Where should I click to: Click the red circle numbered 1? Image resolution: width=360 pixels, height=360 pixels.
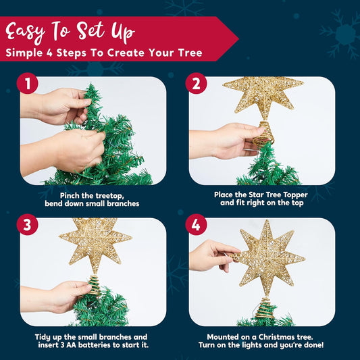pyautogui.click(x=28, y=83)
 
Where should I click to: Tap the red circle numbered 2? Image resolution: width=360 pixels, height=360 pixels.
pyautogui.click(x=196, y=83)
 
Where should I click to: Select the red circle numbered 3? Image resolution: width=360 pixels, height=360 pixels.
pyautogui.click(x=28, y=224)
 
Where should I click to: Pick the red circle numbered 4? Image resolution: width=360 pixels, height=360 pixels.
pyautogui.click(x=196, y=224)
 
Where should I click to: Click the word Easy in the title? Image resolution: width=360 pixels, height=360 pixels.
pyautogui.click(x=25, y=32)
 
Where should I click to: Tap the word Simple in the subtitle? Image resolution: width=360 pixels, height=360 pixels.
pyautogui.click(x=24, y=53)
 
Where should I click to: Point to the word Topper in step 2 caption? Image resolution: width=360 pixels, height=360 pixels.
pyautogui.click(x=295, y=195)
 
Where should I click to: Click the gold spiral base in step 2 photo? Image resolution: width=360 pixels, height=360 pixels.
pyautogui.click(x=263, y=133)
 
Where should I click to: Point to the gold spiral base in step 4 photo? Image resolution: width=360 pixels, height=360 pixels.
pyautogui.click(x=265, y=308)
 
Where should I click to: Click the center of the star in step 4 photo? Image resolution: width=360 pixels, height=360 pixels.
pyautogui.click(x=267, y=255)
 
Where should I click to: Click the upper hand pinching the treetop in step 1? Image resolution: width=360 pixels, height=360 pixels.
pyautogui.click(x=56, y=106)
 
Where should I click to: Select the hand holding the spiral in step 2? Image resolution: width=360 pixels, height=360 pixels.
pyautogui.click(x=226, y=140)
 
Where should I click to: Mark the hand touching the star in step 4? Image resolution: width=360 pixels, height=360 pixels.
pyautogui.click(x=212, y=255)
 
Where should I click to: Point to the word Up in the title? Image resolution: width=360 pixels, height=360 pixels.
pyautogui.click(x=123, y=32)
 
